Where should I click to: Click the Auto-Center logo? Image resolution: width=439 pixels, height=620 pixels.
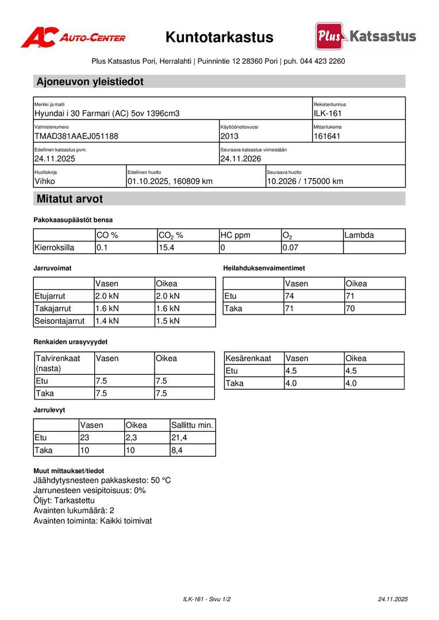(73, 38)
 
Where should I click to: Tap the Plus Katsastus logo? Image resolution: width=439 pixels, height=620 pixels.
(365, 37)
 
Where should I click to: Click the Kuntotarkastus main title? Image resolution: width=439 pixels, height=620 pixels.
(219, 38)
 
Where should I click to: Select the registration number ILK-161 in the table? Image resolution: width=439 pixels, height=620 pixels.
(328, 114)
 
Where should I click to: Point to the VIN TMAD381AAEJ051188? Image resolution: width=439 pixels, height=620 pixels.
(76, 136)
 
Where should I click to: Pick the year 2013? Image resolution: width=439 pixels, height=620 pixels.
(229, 136)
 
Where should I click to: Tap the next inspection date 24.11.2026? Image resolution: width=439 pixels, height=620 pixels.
(241, 158)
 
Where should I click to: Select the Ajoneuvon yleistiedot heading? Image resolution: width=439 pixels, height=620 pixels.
(90, 82)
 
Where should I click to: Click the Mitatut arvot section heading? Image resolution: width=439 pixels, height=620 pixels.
(70, 199)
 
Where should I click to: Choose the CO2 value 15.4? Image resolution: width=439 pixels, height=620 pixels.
(167, 247)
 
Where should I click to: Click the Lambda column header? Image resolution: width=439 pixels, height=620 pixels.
(359, 235)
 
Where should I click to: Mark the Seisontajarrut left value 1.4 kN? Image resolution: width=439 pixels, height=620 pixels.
(107, 321)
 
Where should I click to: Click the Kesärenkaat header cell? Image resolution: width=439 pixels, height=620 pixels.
(248, 358)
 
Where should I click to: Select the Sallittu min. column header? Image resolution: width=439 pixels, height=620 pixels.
(192, 425)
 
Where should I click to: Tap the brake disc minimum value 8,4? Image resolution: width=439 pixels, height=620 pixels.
(177, 451)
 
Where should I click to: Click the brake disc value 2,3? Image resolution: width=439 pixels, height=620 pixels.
(132, 438)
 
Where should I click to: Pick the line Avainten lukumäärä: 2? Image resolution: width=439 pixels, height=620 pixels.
(74, 510)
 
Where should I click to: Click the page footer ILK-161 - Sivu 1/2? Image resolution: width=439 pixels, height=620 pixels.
(207, 599)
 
